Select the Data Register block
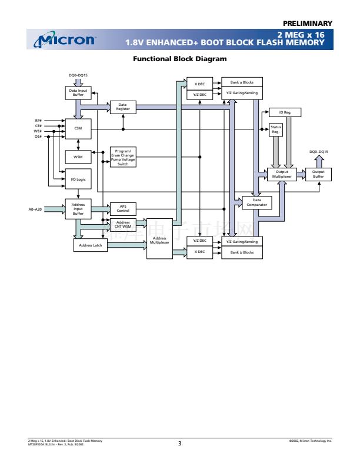(x=123, y=107)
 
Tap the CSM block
(x=78, y=129)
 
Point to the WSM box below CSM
(x=78, y=157)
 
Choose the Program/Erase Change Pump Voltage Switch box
(x=123, y=157)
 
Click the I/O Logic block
(x=78, y=179)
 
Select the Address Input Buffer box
(x=78, y=209)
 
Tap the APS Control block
(x=123, y=208)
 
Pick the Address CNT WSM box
(x=123, y=225)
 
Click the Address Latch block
(x=90, y=245)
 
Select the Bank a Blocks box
(x=242, y=82)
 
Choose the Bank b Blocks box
(x=242, y=252)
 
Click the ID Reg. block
(x=285, y=112)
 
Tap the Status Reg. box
(x=275, y=129)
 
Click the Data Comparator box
(x=257, y=202)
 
